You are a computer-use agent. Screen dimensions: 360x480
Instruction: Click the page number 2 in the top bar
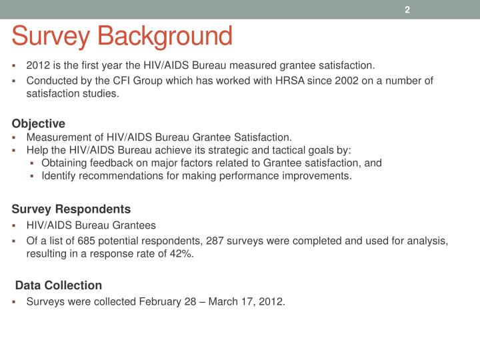[x=407, y=9]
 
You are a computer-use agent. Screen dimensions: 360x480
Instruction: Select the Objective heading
[x=39, y=123]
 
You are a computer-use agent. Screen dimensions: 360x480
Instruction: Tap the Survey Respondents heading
[x=71, y=209]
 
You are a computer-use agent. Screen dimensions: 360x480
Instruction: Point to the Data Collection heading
[x=59, y=285]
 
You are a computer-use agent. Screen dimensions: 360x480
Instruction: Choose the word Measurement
[x=57, y=137]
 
